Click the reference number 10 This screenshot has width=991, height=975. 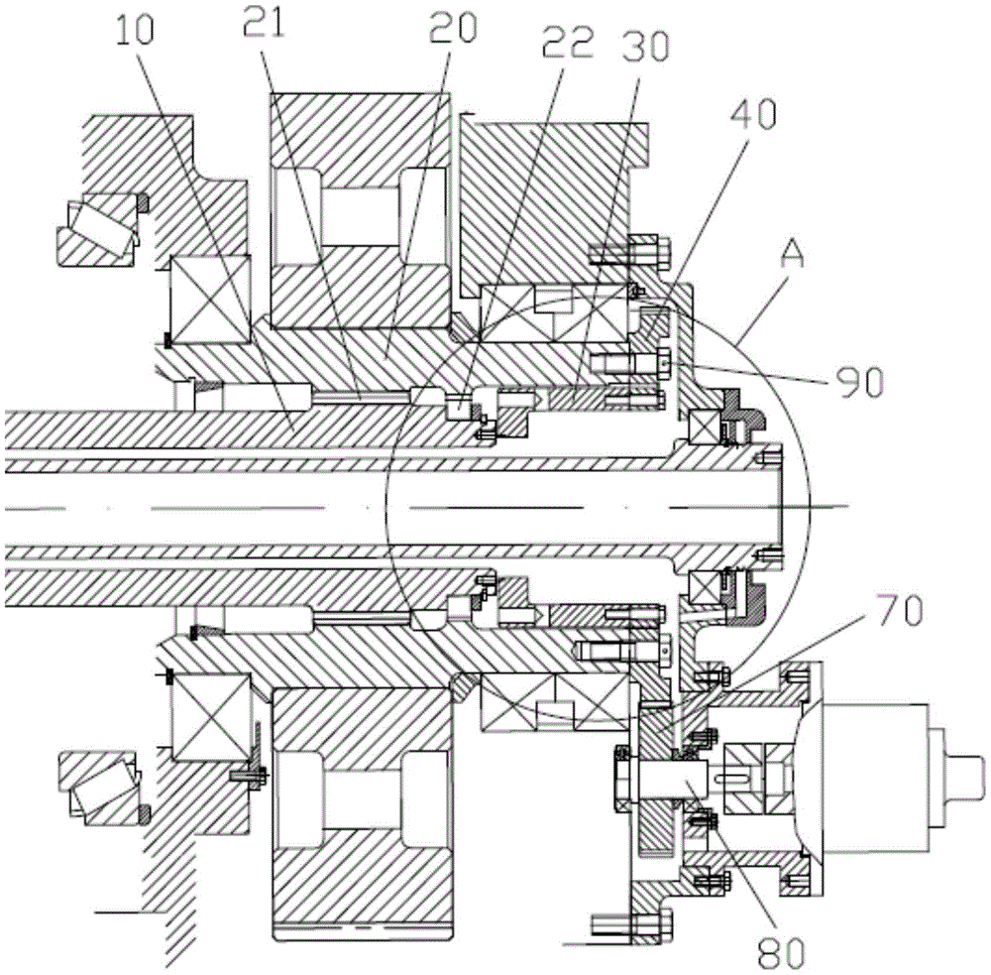135,30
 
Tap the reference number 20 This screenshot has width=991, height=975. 453,28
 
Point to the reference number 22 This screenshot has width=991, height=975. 568,44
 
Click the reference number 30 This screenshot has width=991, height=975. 645,46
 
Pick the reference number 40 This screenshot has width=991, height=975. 754,114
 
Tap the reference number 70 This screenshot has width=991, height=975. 901,611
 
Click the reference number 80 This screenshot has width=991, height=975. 783,952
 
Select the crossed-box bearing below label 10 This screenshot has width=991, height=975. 210,300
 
